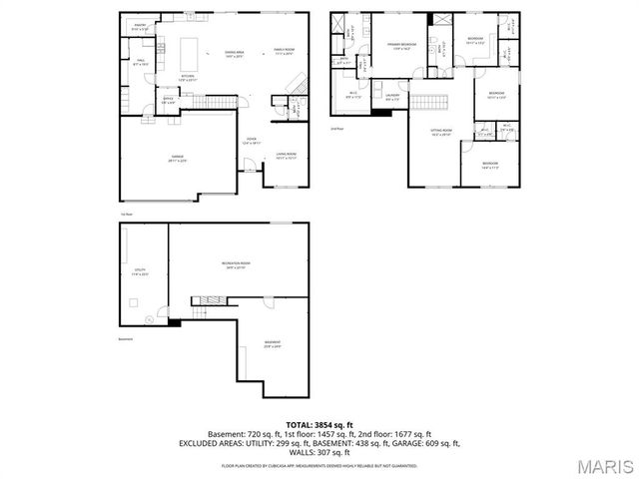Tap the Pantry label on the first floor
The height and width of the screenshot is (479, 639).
[x=140, y=28]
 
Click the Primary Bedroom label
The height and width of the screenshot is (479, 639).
[x=400, y=47]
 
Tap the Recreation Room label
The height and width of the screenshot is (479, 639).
[x=236, y=263]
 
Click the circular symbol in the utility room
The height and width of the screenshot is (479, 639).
[x=150, y=318]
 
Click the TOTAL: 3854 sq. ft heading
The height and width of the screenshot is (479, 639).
[x=319, y=424]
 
